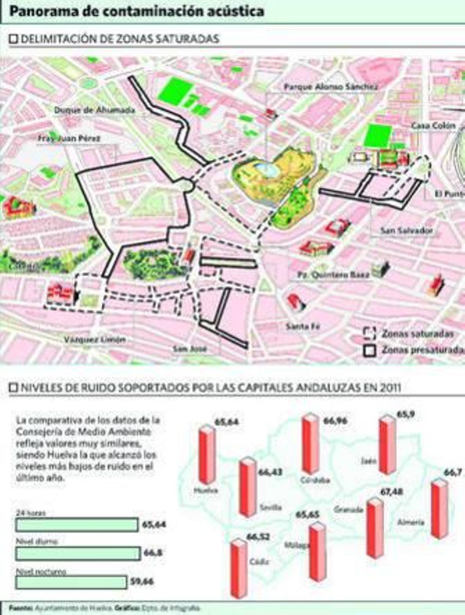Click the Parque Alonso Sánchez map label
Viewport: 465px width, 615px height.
click(330, 87)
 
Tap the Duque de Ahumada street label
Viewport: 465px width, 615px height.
click(94, 110)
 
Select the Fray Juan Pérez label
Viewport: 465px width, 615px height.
click(69, 138)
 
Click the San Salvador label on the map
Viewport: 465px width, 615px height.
click(406, 230)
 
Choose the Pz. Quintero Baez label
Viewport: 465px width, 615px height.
click(333, 275)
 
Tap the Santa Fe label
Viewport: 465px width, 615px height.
click(303, 326)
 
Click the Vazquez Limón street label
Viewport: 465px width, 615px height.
click(95, 339)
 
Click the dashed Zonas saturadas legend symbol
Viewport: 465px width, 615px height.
click(369, 334)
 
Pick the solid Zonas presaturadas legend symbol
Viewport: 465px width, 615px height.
click(369, 350)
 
